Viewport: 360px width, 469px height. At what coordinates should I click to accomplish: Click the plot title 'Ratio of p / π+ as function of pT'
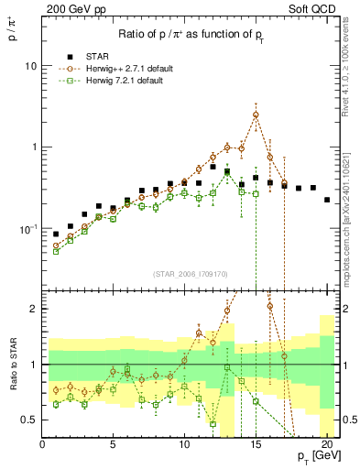click(x=191, y=35)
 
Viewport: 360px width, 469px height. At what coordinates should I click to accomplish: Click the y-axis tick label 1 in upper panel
click(x=34, y=147)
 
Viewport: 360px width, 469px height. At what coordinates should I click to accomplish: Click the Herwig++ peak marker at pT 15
click(x=256, y=115)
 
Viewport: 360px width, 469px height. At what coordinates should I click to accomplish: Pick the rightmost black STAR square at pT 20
click(x=327, y=200)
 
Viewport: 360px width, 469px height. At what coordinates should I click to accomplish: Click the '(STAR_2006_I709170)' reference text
click(x=191, y=272)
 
